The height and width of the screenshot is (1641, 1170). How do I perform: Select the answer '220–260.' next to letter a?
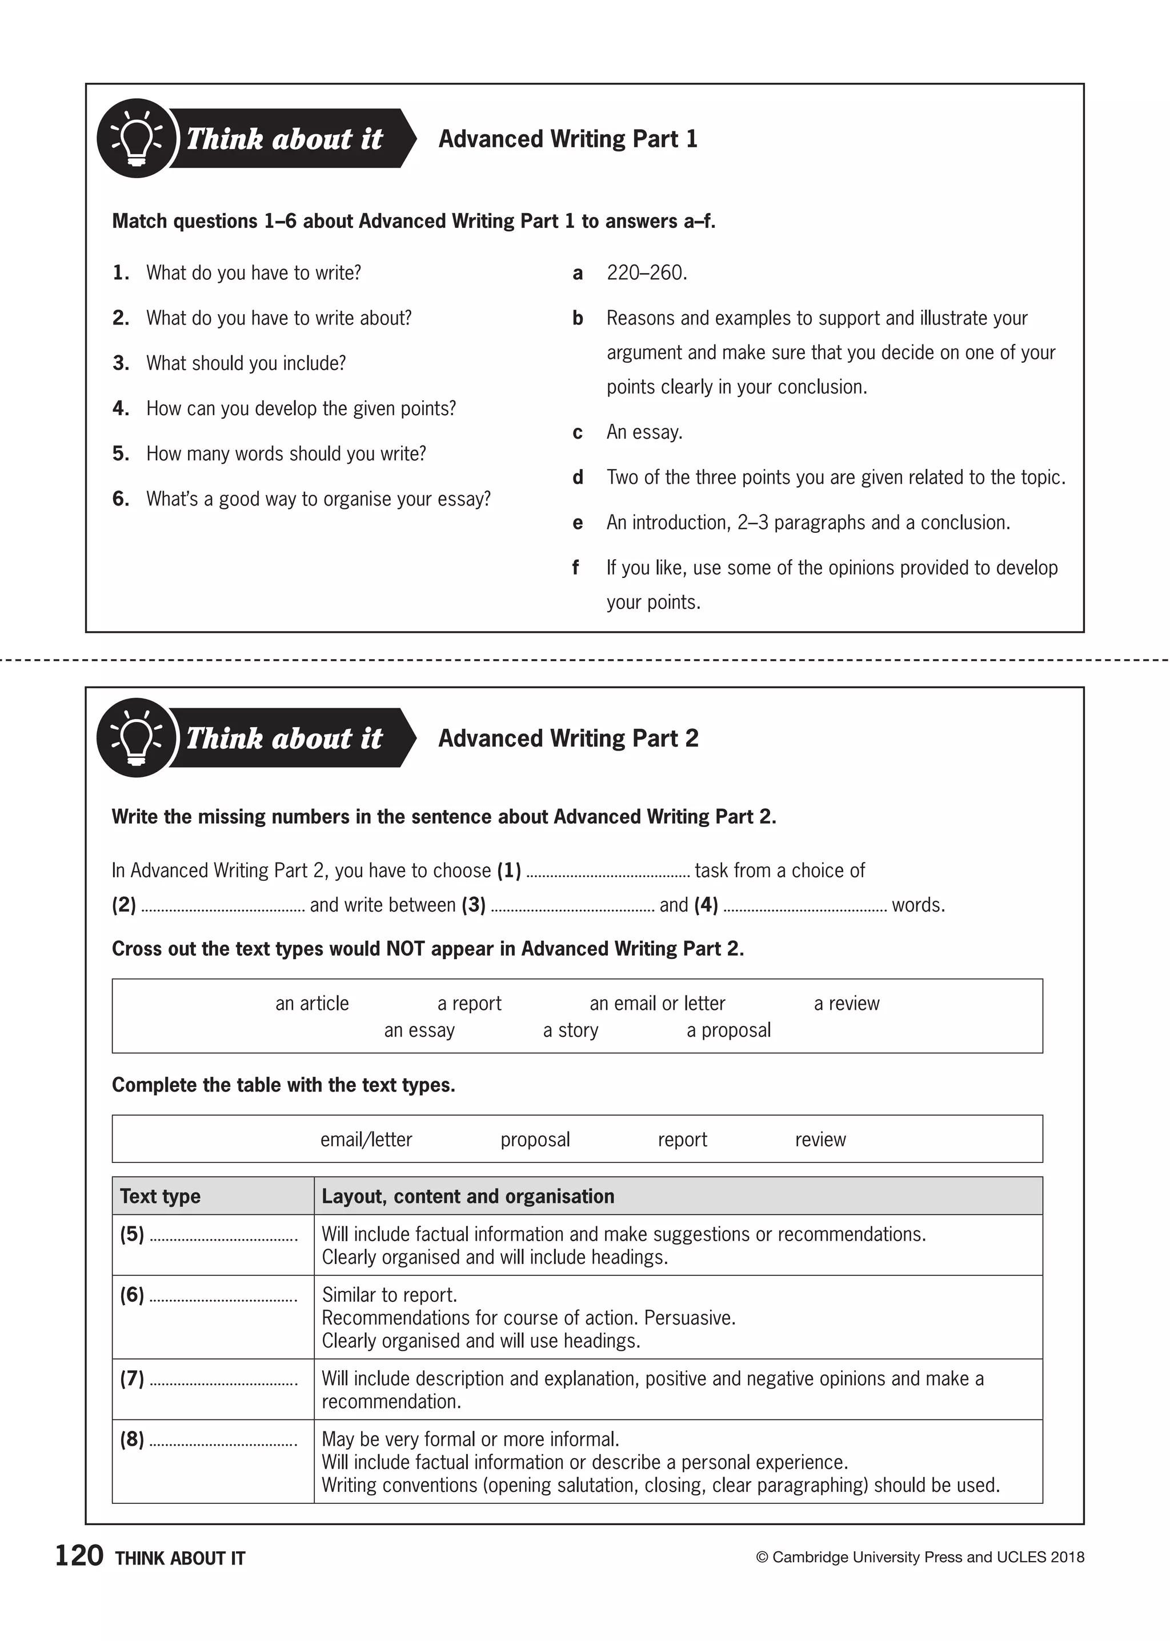point(646,273)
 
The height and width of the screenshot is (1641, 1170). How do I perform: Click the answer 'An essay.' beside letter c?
point(644,432)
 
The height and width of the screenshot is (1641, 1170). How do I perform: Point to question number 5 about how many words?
point(121,454)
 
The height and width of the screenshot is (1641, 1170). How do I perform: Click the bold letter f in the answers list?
point(576,568)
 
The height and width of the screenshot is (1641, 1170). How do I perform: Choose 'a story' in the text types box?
point(571,1030)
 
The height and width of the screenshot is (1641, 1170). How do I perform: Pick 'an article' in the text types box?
point(311,1004)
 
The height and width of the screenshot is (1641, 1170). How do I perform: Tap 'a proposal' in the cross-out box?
point(728,1030)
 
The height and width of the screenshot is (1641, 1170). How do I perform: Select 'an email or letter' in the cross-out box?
point(657,1004)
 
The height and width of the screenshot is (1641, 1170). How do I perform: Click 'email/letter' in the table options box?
point(366,1140)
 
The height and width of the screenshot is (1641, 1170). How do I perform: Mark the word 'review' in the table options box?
point(820,1140)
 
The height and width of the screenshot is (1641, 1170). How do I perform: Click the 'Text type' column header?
point(160,1197)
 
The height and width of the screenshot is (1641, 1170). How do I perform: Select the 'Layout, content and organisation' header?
point(467,1197)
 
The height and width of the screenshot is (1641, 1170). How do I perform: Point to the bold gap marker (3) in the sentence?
point(474,905)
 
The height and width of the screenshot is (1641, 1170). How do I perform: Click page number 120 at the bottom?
point(79,1556)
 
